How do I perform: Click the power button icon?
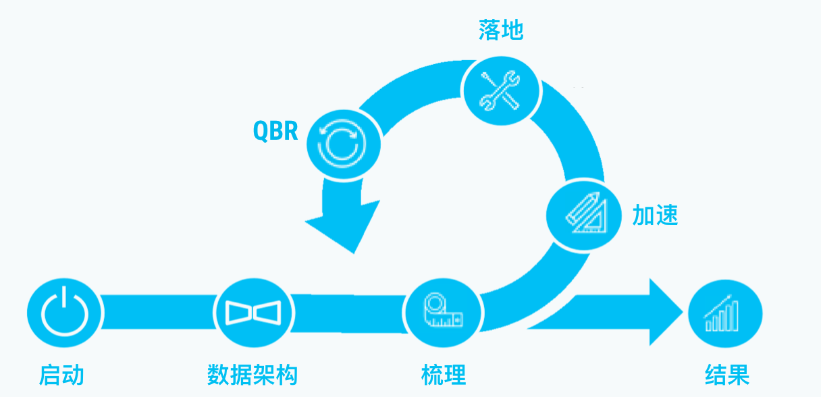[x=65, y=313]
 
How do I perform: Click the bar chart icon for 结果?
[x=724, y=315]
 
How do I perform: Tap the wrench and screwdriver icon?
[x=500, y=89]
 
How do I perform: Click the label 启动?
[x=61, y=374]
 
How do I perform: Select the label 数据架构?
[x=252, y=374]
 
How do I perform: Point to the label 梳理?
[x=443, y=374]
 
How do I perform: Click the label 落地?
[x=501, y=30]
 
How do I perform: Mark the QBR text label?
[x=275, y=130]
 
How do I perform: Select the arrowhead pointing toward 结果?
[x=662, y=313]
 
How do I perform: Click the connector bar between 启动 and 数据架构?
[x=158, y=313]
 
